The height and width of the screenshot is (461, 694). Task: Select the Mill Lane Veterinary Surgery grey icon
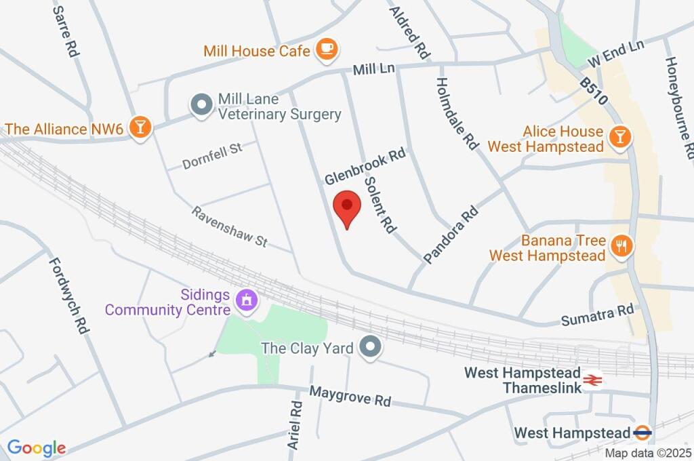(x=201, y=106)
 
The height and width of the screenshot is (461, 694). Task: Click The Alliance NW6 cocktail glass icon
(x=140, y=127)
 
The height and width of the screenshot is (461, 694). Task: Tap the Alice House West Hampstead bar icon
(x=619, y=138)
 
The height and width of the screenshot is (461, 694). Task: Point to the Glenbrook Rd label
(x=364, y=167)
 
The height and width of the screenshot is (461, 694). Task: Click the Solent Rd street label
(x=380, y=205)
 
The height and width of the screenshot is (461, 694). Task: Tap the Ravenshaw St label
(x=230, y=226)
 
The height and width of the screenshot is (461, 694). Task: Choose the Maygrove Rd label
(x=350, y=396)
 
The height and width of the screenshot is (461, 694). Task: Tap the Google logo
(x=36, y=447)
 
